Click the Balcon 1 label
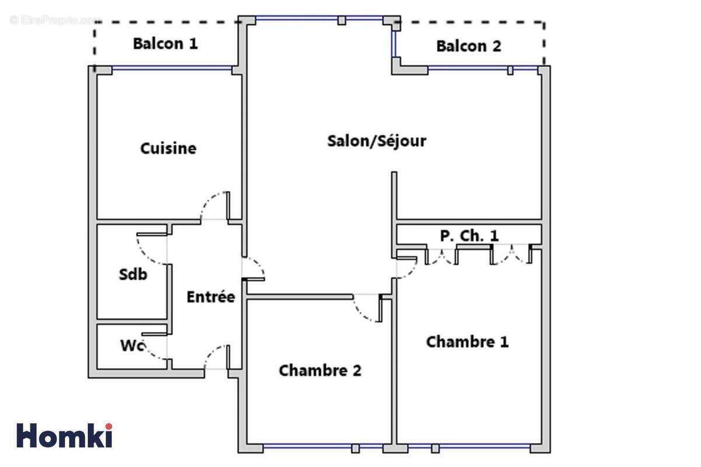pos(165,44)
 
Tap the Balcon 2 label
pos(469,46)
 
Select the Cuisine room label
pos(168,148)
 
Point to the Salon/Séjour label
pos(376,141)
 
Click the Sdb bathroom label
pos(133,274)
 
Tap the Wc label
pos(133,346)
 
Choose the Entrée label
pos(210,297)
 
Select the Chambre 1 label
pos(467,341)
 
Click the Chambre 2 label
pos(320,370)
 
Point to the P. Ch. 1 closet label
pos(469,236)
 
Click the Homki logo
pos(64,435)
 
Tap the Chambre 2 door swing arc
pos(367,309)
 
